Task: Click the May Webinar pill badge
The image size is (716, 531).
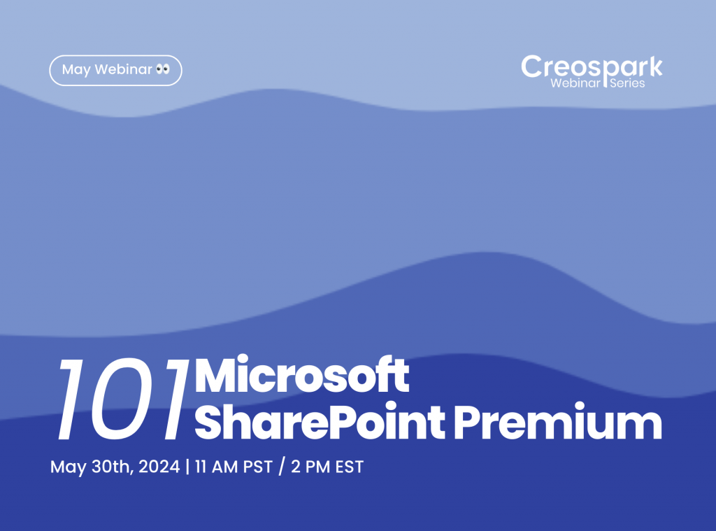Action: pyautogui.click(x=115, y=70)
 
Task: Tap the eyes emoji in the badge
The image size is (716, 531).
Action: pyautogui.click(x=163, y=70)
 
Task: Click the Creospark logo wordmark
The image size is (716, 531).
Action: pyautogui.click(x=592, y=67)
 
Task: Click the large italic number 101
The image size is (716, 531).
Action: pyautogui.click(x=123, y=399)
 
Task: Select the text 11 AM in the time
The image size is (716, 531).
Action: pyautogui.click(x=215, y=467)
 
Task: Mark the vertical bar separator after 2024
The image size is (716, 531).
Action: pyautogui.click(x=187, y=467)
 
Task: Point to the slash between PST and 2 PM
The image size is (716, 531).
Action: pyautogui.click(x=282, y=467)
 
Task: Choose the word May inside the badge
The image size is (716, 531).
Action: pyautogui.click(x=76, y=70)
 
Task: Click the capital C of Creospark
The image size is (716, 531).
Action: pyautogui.click(x=532, y=67)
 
